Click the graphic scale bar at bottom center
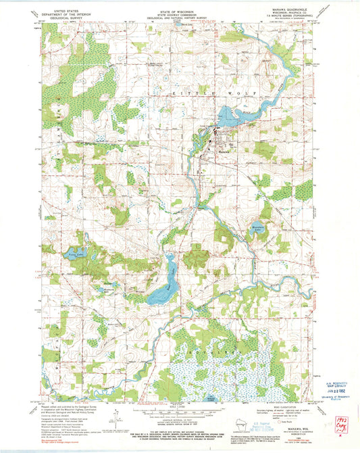(x=179, y=410)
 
